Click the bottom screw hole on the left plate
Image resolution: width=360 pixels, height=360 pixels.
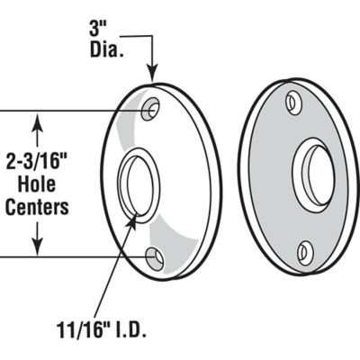[155, 259]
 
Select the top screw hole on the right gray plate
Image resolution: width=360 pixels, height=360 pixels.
[293, 102]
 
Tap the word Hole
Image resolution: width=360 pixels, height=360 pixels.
[37, 185]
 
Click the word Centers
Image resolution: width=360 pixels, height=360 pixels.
[37, 206]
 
